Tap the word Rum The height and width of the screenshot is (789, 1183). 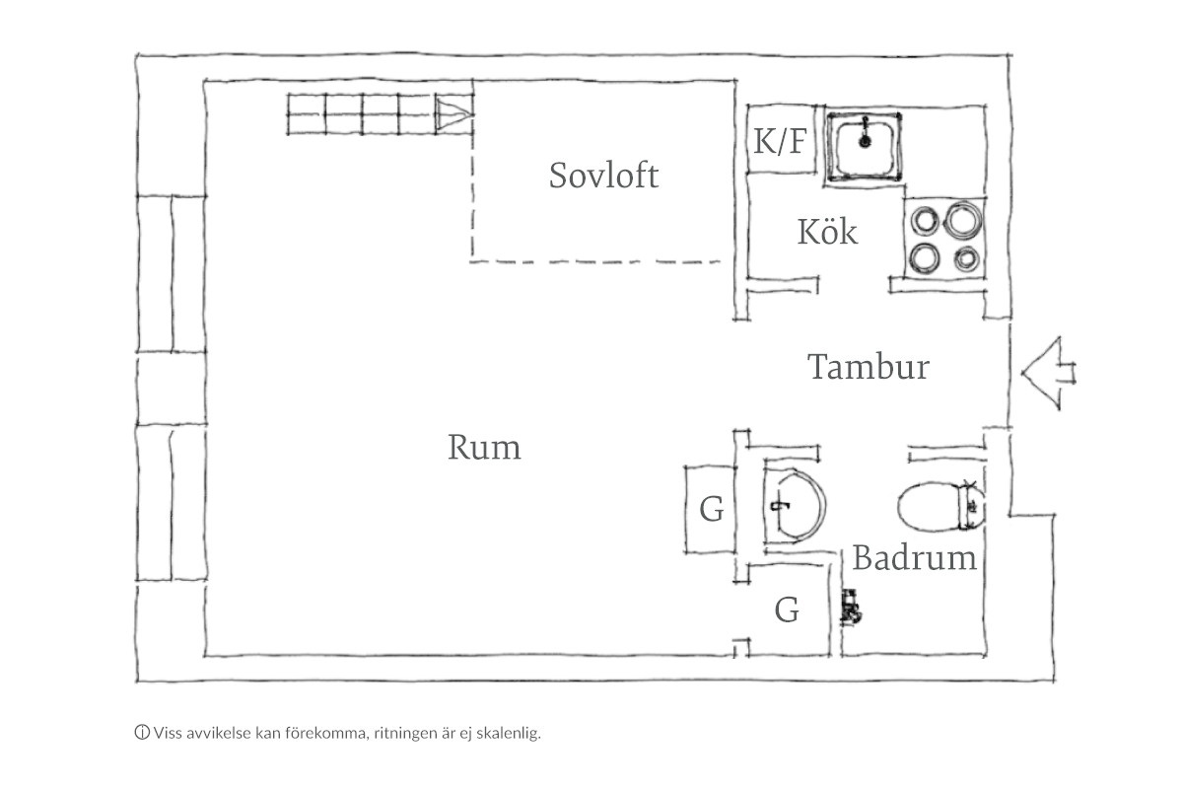tap(484, 448)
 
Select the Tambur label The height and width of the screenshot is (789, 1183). tap(869, 368)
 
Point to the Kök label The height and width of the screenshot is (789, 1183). tap(827, 234)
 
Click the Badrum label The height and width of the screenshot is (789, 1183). tap(914, 558)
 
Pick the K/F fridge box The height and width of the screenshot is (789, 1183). tap(780, 142)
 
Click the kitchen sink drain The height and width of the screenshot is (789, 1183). tap(866, 141)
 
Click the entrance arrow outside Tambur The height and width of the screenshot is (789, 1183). tap(1047, 372)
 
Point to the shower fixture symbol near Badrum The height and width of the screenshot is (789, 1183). tap(849, 605)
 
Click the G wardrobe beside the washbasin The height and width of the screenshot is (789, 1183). tap(711, 509)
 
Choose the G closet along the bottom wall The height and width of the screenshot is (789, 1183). tap(786, 610)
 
